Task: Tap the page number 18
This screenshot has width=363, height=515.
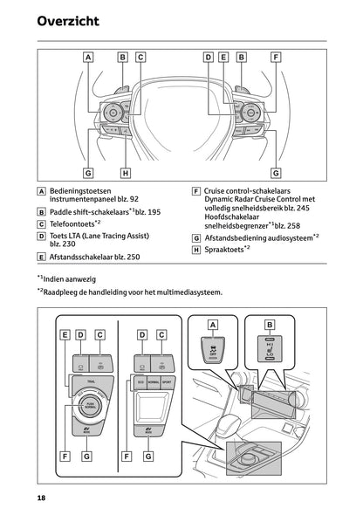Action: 41,497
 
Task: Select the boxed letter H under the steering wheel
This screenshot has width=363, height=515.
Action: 126,173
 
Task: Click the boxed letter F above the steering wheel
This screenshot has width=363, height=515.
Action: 276,58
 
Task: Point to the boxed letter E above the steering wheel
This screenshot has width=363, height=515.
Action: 223,58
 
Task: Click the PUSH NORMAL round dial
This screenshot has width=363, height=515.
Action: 90,404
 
